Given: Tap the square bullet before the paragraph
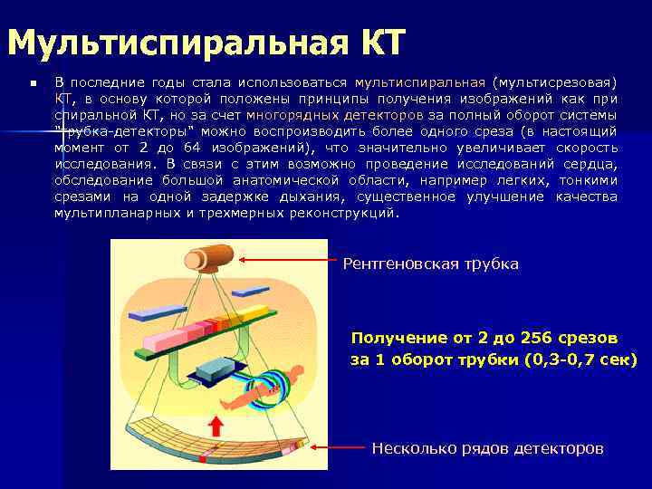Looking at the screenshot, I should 33,83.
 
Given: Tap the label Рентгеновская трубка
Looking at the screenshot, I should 430,264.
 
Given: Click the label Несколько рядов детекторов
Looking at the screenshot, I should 487,448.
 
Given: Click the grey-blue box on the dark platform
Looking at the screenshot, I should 216,368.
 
